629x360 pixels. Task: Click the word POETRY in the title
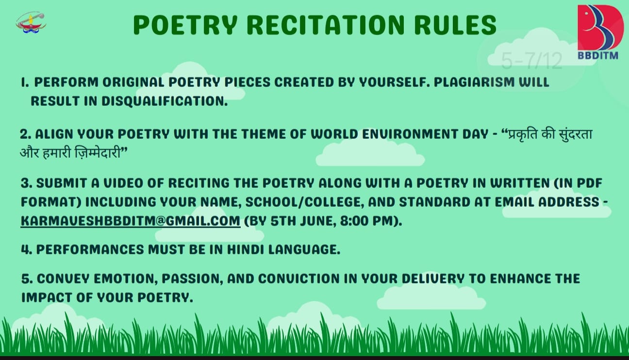(185, 25)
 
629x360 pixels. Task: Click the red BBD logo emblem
(600, 27)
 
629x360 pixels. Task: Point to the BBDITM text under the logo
(598, 55)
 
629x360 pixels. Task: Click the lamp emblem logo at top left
(31, 22)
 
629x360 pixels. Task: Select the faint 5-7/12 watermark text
(531, 61)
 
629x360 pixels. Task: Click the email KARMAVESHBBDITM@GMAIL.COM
(131, 221)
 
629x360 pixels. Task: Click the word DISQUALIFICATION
(164, 101)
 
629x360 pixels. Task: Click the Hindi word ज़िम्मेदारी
(98, 153)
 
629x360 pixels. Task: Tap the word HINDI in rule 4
(245, 249)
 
